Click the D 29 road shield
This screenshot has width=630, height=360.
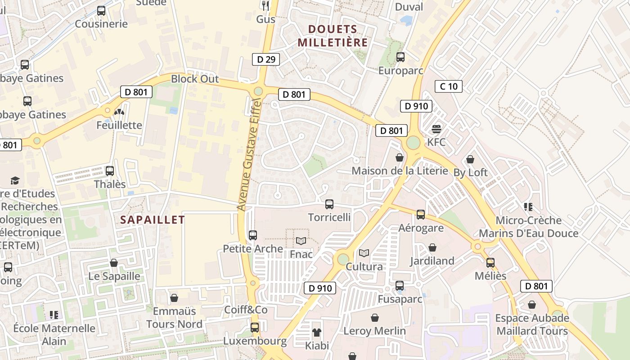click(x=265, y=59)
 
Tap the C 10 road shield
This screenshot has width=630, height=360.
click(x=449, y=86)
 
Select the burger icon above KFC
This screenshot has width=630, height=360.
click(x=436, y=129)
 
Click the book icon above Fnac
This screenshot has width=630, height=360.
click(x=301, y=241)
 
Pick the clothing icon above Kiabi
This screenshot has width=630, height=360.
click(x=317, y=333)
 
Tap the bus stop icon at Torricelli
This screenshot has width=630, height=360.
click(x=329, y=204)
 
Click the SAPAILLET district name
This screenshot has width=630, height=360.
click(x=153, y=220)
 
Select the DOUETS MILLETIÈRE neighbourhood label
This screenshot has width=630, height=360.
click(x=333, y=36)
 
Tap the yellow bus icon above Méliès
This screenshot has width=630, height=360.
click(x=490, y=262)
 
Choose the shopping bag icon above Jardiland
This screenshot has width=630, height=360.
click(x=432, y=247)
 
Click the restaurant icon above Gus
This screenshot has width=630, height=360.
click(x=265, y=5)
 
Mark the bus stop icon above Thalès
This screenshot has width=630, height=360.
click(x=109, y=171)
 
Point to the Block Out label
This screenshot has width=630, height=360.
click(x=195, y=79)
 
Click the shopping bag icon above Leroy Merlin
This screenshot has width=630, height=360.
click(x=374, y=318)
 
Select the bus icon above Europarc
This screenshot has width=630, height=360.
click(x=400, y=57)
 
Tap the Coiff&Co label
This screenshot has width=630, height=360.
click(x=246, y=310)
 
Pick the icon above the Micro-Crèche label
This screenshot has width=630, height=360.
click(x=528, y=207)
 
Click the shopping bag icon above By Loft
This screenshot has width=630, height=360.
click(x=470, y=159)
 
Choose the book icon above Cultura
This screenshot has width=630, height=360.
click(x=364, y=253)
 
